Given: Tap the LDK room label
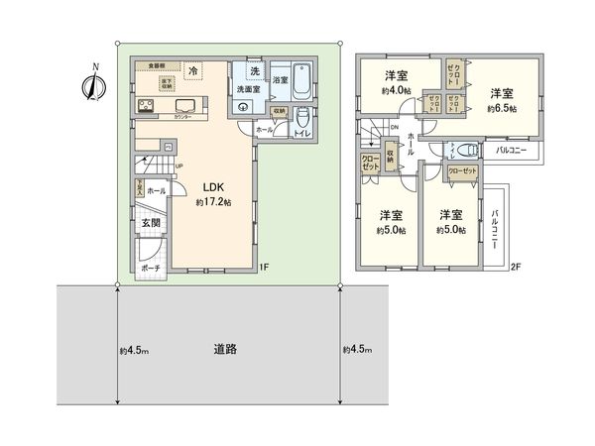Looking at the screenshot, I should (x=214, y=186).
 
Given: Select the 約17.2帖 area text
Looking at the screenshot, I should (x=213, y=202).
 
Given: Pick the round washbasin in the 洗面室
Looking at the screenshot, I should (x=243, y=106).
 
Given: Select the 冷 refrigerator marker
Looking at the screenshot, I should (x=193, y=71).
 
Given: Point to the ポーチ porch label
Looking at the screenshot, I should (x=152, y=267).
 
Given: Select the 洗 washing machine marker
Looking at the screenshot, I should (x=255, y=71).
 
